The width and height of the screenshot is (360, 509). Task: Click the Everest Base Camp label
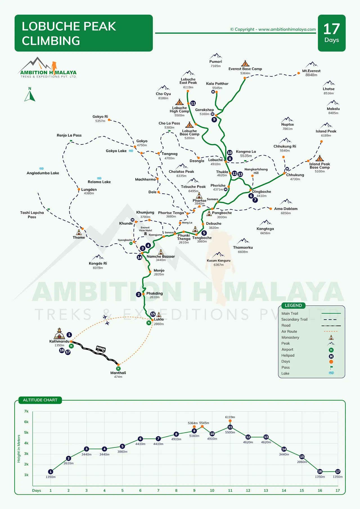pyautogui.click(x=245, y=69)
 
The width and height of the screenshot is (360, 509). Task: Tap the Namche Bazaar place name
pyautogui.click(x=161, y=256)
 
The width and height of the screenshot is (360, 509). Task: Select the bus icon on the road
pyautogui.click(x=101, y=349)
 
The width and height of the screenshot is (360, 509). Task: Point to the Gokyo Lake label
pyautogui.click(x=116, y=151)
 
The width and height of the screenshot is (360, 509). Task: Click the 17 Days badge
pyautogui.click(x=332, y=33)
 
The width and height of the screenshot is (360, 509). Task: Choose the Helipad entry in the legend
pyautogui.click(x=288, y=356)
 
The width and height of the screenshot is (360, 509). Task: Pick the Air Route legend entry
pyautogui.click(x=289, y=332)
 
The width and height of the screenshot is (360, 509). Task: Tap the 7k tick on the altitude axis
pyautogui.click(x=26, y=411)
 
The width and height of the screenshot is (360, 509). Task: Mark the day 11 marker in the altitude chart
pyautogui.click(x=230, y=427)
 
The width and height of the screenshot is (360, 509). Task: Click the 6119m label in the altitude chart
pyautogui.click(x=230, y=417)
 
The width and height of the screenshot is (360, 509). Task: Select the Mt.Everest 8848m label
pyautogui.click(x=311, y=73)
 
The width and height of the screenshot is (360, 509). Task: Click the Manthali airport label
pyautogui.click(x=118, y=373)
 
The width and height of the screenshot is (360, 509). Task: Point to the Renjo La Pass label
pyautogui.click(x=69, y=135)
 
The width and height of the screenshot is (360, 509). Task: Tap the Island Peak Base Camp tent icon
pyautogui.click(x=319, y=158)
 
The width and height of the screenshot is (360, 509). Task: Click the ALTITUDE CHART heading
pyautogui.click(x=40, y=400)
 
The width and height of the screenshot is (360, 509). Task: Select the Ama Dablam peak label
pyautogui.click(x=286, y=209)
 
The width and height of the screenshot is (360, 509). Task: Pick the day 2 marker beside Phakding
pyautogui.click(x=139, y=295)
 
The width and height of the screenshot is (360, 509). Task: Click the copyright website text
pyautogui.click(x=273, y=29)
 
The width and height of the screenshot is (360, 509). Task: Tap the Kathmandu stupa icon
pyautogui.click(x=59, y=334)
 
